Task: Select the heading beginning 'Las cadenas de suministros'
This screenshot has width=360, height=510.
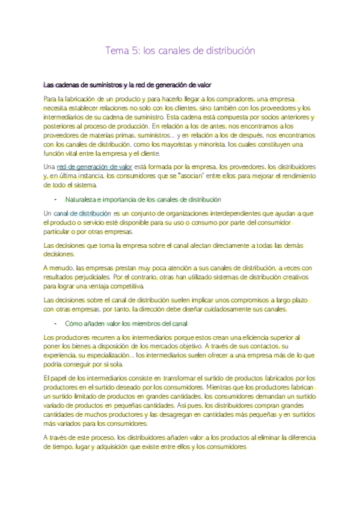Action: click(127, 84)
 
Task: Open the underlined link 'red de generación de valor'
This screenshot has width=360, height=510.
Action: click(94, 166)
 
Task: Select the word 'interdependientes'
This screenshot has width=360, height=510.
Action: click(212, 214)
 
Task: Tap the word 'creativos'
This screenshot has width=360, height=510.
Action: click(293, 277)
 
